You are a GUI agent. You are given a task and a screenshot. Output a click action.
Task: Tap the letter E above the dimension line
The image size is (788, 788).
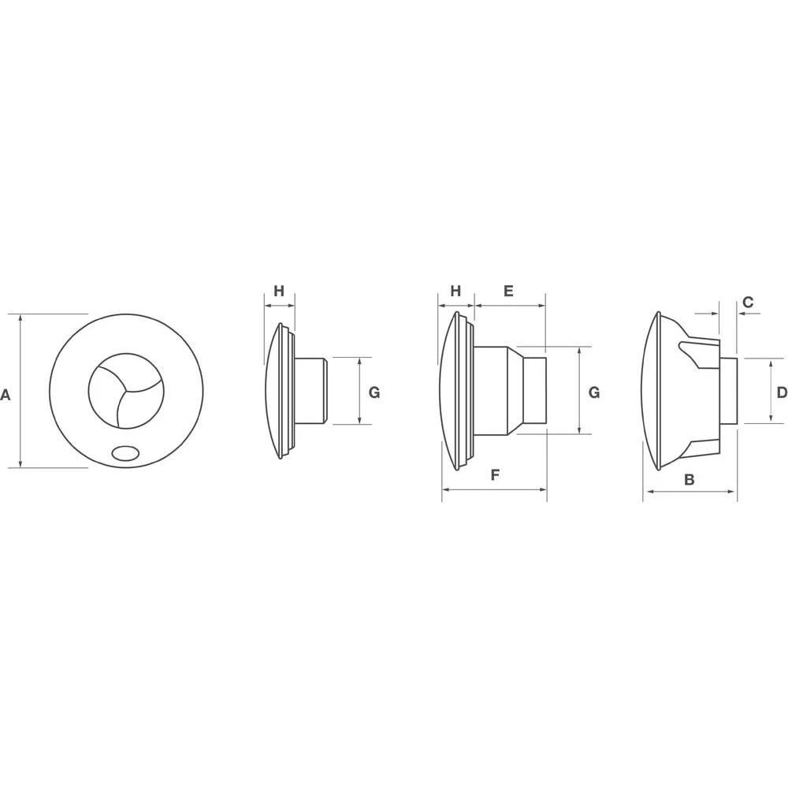[x=508, y=291]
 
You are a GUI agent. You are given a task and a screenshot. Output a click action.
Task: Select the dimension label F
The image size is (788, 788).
[x=495, y=475]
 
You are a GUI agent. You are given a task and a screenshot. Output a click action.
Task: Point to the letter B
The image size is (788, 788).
[x=689, y=479]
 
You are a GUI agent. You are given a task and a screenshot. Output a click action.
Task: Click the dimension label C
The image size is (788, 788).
[x=748, y=302]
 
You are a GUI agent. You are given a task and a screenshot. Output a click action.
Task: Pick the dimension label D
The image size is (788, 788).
[x=781, y=392]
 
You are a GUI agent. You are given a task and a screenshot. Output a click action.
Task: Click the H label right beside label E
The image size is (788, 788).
[x=455, y=291]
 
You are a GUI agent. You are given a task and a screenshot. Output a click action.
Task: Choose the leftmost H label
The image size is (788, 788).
[x=278, y=291]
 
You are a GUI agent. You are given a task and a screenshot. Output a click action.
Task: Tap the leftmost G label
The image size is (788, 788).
[x=374, y=392]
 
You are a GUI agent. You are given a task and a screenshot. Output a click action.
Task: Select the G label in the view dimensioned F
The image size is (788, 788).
[x=594, y=392]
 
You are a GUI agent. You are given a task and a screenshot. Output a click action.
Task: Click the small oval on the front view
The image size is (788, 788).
[x=125, y=452]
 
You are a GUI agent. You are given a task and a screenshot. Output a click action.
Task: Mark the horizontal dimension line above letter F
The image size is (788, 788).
[x=495, y=489]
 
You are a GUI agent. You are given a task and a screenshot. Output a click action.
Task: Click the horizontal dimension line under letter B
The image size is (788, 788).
[x=689, y=492]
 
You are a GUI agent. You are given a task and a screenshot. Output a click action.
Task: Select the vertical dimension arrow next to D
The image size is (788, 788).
[x=770, y=391]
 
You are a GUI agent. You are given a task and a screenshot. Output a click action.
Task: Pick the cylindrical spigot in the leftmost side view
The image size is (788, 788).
[x=311, y=391]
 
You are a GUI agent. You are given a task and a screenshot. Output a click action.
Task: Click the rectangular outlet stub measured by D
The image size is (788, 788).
[x=729, y=391]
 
